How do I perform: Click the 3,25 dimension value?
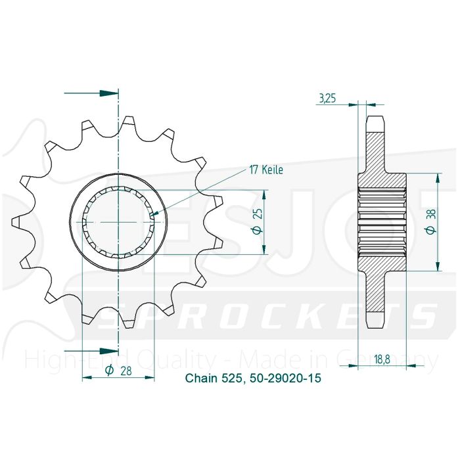pyautogui.click(x=327, y=99)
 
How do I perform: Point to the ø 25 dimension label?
pyautogui.click(x=258, y=222)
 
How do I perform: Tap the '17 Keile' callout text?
pyautogui.click(x=265, y=170)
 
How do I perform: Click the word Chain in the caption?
pyautogui.click(x=198, y=379)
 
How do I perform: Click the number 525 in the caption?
pyautogui.click(x=235, y=379)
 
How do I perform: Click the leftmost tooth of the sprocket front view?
pyautogui.click(x=16, y=221)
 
